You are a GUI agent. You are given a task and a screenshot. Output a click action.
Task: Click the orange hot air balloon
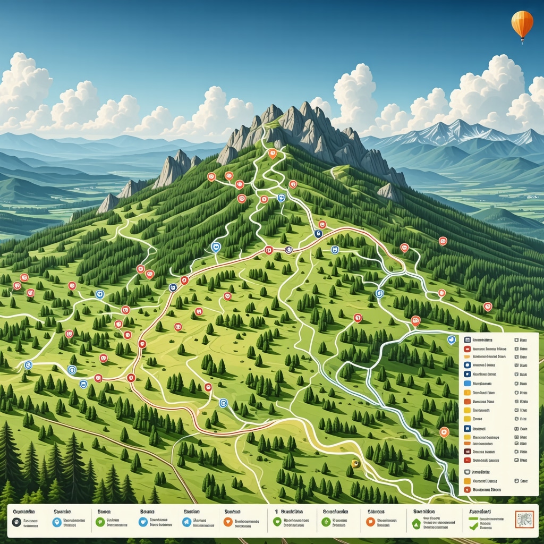522,22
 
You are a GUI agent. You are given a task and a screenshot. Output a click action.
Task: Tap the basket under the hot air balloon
523,40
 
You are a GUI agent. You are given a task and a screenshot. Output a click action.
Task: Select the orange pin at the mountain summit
273,154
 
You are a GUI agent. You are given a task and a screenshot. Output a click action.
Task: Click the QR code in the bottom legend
523,520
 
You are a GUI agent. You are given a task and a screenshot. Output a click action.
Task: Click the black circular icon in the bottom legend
16,522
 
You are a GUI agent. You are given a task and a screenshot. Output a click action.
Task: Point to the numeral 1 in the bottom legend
276,511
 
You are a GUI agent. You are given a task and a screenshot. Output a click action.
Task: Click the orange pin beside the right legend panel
444,431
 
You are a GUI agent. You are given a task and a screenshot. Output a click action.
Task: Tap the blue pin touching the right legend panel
452,339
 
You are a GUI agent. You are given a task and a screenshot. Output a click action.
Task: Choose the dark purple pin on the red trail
289,250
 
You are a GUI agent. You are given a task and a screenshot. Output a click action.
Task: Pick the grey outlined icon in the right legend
467,471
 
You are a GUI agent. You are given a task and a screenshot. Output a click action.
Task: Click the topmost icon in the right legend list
467,339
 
